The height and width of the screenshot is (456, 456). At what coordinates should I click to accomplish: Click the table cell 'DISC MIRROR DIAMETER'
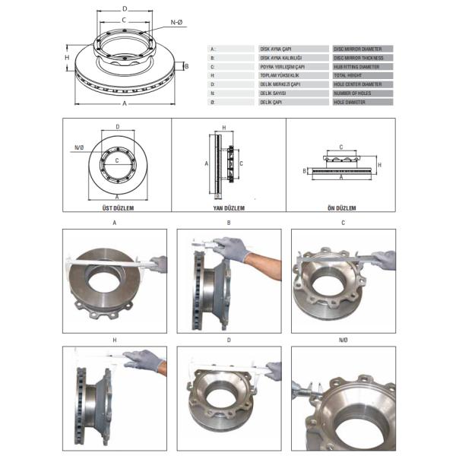362,48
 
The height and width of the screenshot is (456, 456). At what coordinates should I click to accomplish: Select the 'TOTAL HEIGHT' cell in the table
362,75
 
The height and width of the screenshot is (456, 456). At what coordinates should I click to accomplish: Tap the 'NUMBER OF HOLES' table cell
362,93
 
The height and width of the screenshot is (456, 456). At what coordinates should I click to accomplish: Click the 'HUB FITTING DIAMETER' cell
362,66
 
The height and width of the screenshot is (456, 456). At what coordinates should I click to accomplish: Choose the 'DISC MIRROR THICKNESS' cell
362,57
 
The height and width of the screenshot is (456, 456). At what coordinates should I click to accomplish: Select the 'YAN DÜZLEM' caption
228,206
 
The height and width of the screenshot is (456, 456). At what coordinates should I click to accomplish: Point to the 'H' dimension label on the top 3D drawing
67,58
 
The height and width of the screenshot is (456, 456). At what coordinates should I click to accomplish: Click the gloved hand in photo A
158,264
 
